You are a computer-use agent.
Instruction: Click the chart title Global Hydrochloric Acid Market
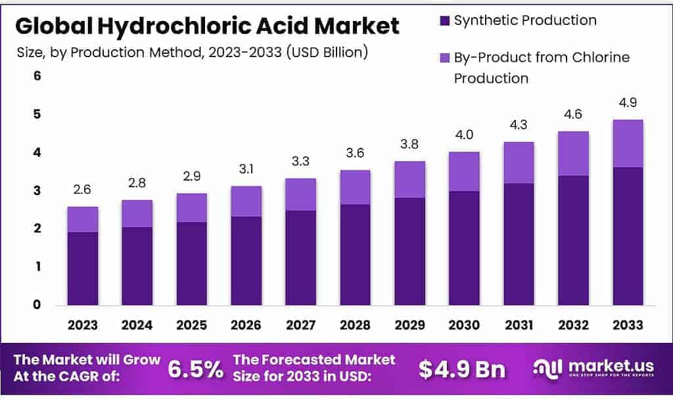tap(207, 26)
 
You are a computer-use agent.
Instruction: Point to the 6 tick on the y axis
tap(37, 76)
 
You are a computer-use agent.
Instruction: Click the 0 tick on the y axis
tap(37, 305)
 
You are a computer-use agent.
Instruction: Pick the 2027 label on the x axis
tap(300, 325)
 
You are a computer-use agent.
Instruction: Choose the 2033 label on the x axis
tap(627, 325)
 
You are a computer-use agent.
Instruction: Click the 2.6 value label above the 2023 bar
tap(83, 190)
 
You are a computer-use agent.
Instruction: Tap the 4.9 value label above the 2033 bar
tap(627, 103)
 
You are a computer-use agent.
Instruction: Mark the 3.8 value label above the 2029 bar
tap(409, 144)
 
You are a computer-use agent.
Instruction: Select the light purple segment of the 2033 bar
tap(627, 143)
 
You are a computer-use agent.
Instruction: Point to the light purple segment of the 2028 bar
tap(355, 187)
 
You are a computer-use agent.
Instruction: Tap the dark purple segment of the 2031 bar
tap(519, 244)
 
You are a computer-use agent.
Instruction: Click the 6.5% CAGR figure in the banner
tap(195, 369)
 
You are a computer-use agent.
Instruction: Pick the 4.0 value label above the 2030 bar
tap(464, 135)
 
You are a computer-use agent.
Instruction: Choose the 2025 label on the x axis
tap(192, 325)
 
